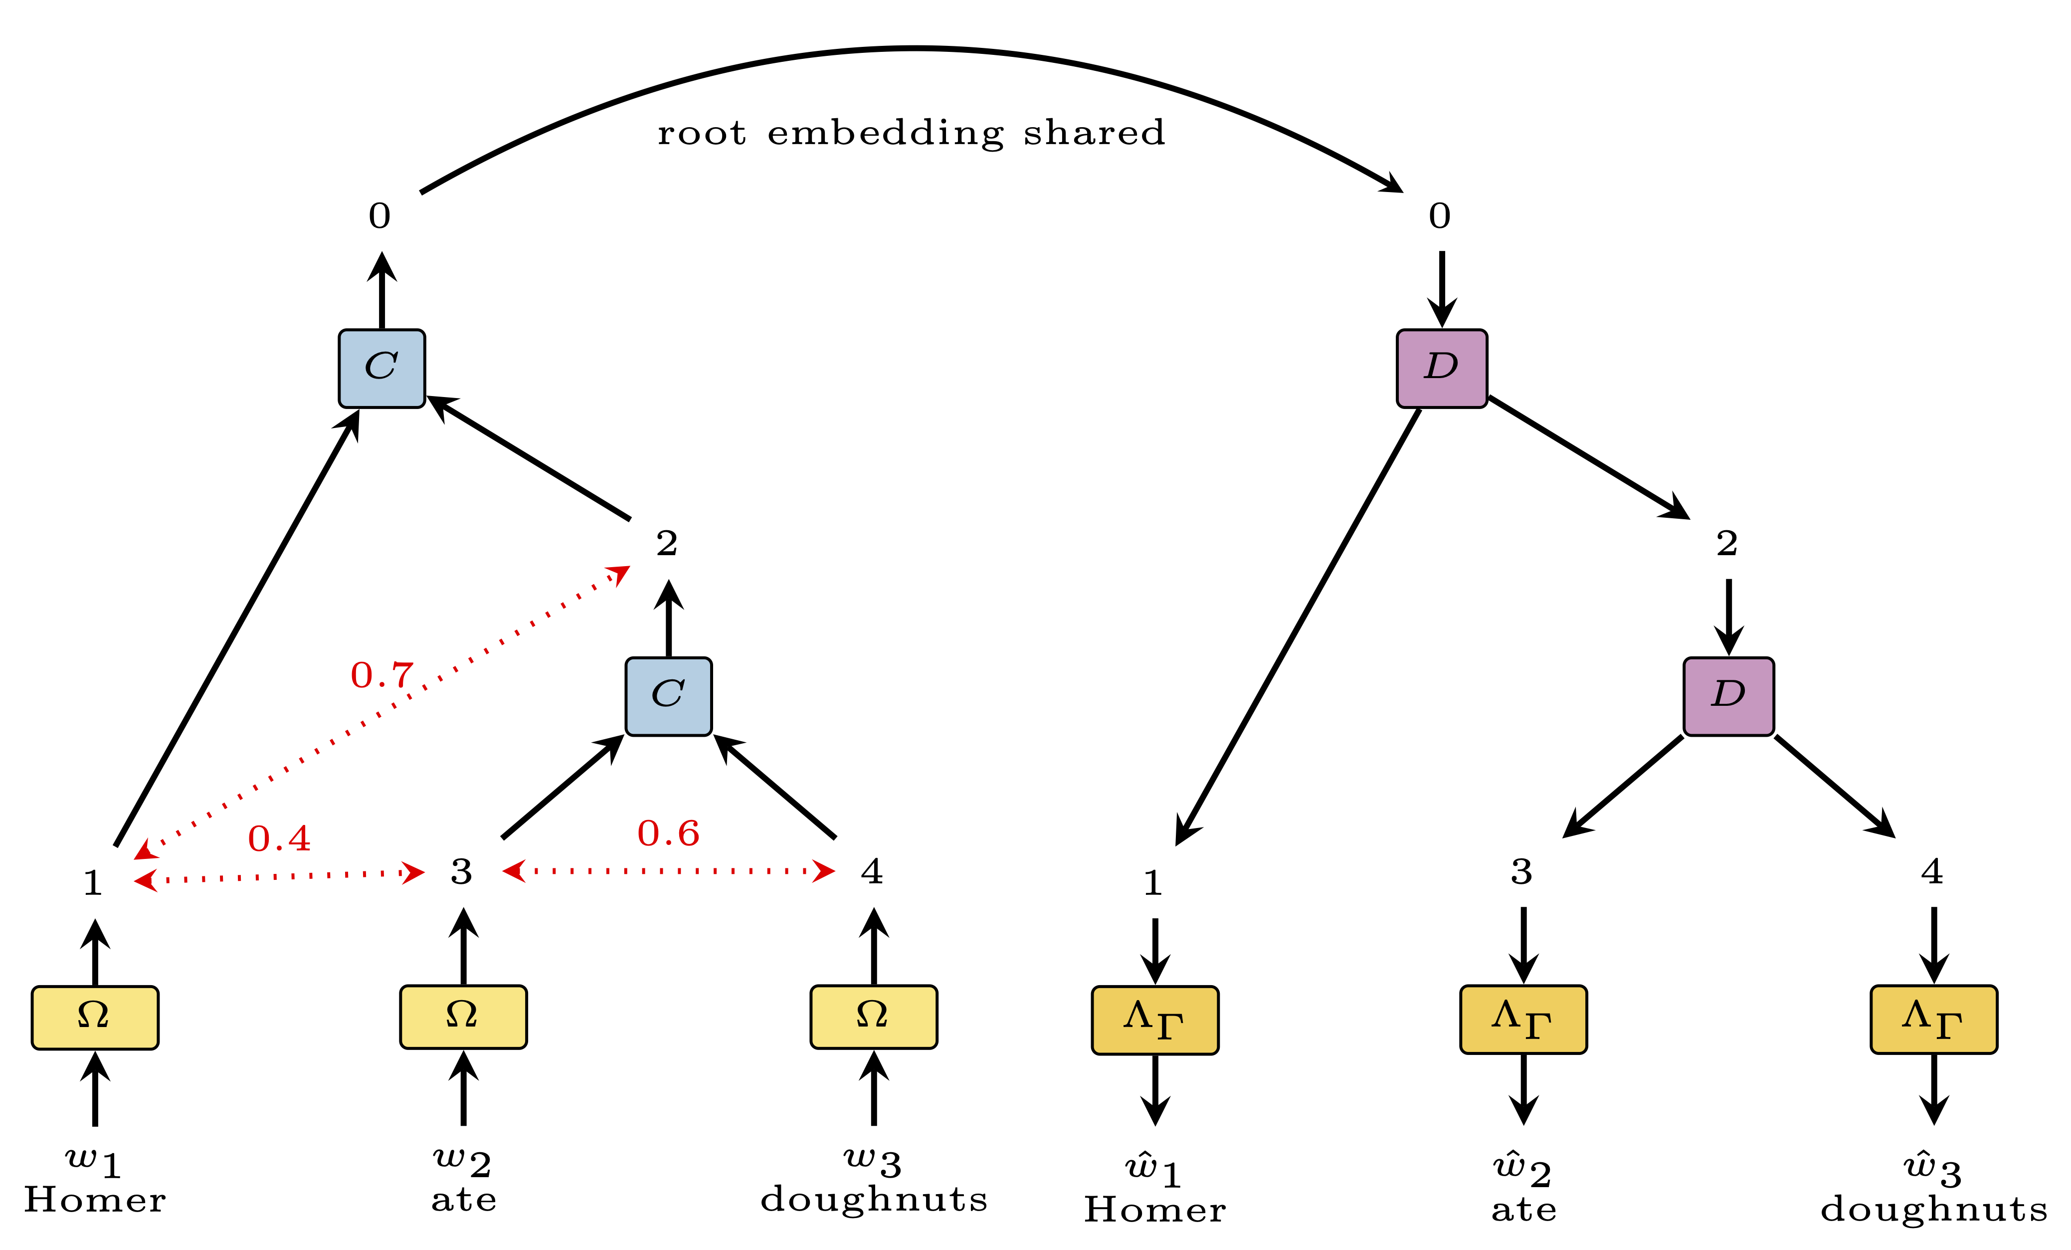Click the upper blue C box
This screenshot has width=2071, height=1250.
tap(381, 368)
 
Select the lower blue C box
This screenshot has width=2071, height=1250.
tap(668, 696)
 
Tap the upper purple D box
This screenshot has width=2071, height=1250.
tap(1442, 368)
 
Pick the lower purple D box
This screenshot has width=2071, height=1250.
tap(1728, 696)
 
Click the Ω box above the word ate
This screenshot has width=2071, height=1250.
tap(463, 1016)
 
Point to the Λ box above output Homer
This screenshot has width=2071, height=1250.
tap(1155, 1020)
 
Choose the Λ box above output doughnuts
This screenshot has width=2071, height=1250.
tap(1933, 1019)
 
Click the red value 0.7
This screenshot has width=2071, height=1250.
tap(381, 675)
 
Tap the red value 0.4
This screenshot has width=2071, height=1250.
tap(279, 838)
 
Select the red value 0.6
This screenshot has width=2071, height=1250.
tap(668, 833)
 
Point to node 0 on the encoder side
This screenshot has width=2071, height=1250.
tap(380, 216)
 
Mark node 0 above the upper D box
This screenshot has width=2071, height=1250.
tap(1440, 216)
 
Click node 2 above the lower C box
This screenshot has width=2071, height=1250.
tap(667, 543)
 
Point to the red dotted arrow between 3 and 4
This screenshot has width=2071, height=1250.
tap(668, 871)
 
